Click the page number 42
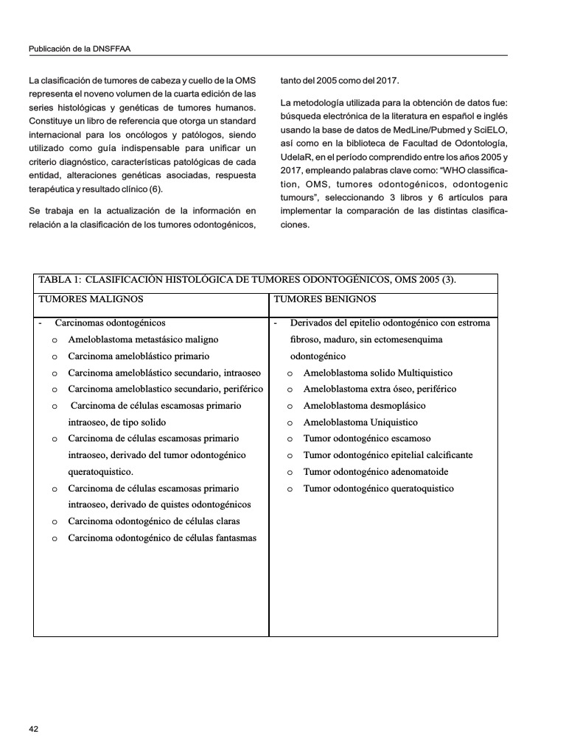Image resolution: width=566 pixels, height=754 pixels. point(33,729)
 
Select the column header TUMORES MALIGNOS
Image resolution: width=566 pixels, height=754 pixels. point(91,299)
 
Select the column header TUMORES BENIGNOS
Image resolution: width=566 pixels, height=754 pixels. point(325,299)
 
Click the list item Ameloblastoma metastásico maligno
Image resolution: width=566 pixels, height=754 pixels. point(143,339)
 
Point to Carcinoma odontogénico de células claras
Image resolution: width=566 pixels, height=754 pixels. point(154,521)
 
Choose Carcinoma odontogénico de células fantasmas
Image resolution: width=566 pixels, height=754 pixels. point(162,538)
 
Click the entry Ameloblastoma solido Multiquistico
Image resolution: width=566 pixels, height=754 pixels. point(378,373)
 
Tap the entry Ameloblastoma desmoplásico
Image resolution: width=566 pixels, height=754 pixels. point(364,406)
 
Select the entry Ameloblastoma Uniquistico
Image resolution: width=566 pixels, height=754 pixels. point(360,422)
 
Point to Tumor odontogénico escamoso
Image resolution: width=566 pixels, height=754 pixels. point(367,439)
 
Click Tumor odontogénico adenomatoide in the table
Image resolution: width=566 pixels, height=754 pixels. point(376,472)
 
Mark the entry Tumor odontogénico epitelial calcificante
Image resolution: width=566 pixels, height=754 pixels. point(388,455)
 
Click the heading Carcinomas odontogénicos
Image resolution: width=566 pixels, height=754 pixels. point(110,323)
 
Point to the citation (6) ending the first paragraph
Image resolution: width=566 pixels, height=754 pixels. point(155,189)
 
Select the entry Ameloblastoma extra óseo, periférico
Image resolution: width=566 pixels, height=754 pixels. point(380,389)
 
